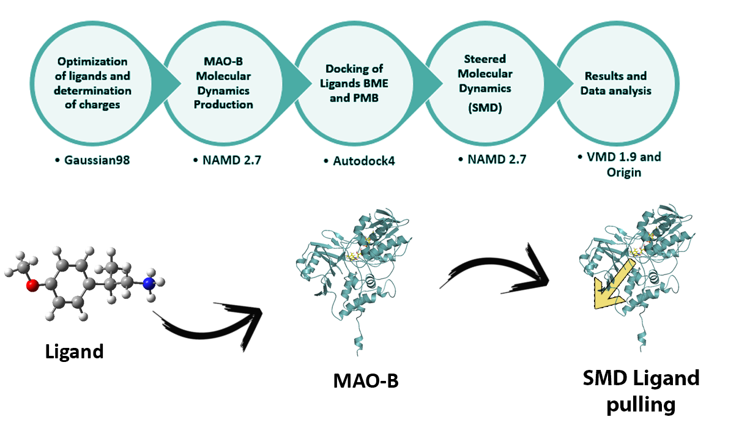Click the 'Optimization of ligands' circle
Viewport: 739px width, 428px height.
tap(94, 83)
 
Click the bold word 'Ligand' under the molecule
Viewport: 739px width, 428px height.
tap(74, 352)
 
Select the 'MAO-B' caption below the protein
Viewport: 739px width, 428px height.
tap(365, 380)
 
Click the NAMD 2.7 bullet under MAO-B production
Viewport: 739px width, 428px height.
tap(223, 161)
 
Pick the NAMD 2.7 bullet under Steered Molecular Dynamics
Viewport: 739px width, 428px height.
tap(492, 160)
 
